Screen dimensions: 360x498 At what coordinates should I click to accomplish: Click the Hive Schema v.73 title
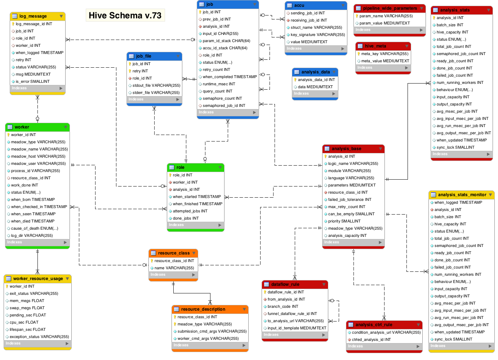[x=125, y=15]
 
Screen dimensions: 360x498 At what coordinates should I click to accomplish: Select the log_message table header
[x=33, y=16]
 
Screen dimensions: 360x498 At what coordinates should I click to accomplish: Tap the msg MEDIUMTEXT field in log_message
[x=33, y=74]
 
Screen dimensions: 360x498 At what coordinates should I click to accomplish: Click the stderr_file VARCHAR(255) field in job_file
[x=156, y=93]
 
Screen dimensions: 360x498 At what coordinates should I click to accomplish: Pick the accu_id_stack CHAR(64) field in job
[x=225, y=48]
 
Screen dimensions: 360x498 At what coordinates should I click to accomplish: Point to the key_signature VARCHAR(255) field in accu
[x=317, y=35]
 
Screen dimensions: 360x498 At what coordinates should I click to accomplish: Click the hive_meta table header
[x=375, y=46]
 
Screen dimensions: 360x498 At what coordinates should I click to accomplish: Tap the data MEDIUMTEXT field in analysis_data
[x=315, y=87]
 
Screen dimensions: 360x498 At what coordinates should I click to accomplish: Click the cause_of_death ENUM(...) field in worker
[x=35, y=228]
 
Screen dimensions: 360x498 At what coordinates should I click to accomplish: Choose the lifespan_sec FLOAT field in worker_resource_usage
[x=28, y=329]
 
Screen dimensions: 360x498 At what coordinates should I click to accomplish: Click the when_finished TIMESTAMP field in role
[x=197, y=204]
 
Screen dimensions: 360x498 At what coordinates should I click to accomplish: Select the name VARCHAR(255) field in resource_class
[x=174, y=268]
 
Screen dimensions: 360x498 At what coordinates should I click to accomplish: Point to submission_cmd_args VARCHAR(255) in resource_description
[x=212, y=331]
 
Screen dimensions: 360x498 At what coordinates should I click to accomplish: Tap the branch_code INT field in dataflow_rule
[x=283, y=306]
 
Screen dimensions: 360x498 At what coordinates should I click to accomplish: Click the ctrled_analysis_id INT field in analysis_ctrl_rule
[x=371, y=339]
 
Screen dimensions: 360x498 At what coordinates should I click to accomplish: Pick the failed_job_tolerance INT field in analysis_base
[x=350, y=199]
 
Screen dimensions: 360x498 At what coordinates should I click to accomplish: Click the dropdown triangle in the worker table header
[x=66, y=127]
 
